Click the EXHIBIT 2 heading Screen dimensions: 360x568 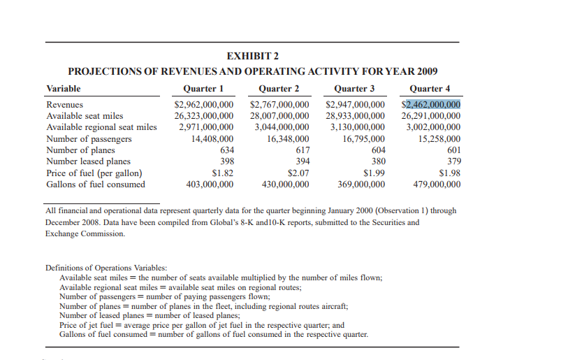click(x=252, y=57)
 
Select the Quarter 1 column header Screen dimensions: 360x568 click(x=203, y=89)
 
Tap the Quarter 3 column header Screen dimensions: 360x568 click(x=355, y=89)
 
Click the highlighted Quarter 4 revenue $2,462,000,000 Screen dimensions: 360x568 click(x=431, y=105)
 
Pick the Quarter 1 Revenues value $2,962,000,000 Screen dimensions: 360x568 click(x=203, y=105)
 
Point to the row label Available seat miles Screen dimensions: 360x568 click(x=85, y=115)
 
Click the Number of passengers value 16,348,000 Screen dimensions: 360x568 click(x=288, y=138)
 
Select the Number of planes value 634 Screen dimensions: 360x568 click(x=226, y=150)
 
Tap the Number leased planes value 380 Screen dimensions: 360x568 click(x=377, y=161)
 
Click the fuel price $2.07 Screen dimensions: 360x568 click(x=298, y=173)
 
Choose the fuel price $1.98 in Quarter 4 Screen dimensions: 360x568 click(x=449, y=173)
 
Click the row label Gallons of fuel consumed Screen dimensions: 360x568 click(x=96, y=185)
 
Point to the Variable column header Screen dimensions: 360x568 click(x=63, y=89)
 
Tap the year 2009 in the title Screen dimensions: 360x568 click(x=426, y=72)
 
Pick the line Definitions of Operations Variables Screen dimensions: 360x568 click(x=106, y=268)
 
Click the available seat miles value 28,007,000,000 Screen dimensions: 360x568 click(x=279, y=115)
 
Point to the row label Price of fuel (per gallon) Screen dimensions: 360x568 click(x=94, y=173)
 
